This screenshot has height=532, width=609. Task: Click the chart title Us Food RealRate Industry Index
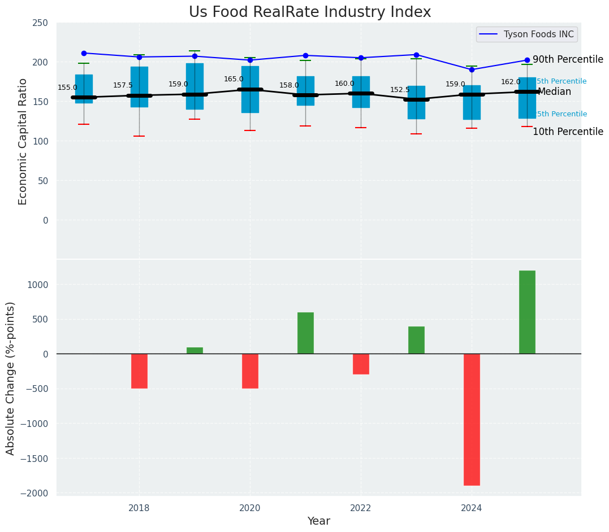pos(310,12)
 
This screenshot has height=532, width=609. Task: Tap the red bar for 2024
pos(472,419)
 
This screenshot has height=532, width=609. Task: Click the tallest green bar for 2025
pos(527,312)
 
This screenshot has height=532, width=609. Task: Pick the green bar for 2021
pos(305,333)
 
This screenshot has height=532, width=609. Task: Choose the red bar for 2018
pos(139,370)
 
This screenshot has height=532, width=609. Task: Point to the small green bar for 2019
pos(195,350)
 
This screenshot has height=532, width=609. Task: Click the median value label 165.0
pos(234,80)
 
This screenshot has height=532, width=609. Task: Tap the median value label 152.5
pos(400,90)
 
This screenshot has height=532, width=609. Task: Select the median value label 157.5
pos(123,85)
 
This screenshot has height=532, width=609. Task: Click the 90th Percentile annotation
pos(568,59)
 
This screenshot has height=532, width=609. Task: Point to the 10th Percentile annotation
pos(568,132)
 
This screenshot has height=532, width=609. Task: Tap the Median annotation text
pos(554,91)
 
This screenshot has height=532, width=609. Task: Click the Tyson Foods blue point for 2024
pos(472,69)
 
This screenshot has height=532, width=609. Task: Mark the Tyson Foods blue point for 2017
pos(84,53)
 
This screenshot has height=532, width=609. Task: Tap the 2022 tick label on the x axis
pos(361,508)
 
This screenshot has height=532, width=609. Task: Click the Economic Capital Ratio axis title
pos(23,141)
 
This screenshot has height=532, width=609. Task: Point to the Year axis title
pos(318,521)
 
